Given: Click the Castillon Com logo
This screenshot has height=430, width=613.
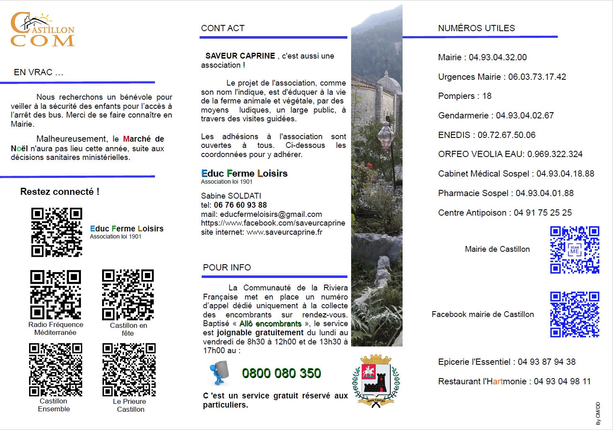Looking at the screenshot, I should click(x=42, y=29).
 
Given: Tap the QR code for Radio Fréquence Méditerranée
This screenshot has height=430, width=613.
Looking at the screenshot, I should click(x=56, y=294).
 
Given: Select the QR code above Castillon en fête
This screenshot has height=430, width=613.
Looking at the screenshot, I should click(x=128, y=295).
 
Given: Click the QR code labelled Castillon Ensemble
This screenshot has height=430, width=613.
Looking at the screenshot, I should click(x=56, y=369).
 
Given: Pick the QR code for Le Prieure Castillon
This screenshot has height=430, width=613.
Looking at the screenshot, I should click(x=129, y=369).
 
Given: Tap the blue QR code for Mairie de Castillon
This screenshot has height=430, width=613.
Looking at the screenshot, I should click(x=574, y=250).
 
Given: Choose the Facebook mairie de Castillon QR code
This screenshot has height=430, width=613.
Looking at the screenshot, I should click(x=574, y=314).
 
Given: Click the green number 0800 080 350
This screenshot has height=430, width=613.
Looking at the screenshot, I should click(x=281, y=373).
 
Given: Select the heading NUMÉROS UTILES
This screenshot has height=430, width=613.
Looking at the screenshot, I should click(x=476, y=28).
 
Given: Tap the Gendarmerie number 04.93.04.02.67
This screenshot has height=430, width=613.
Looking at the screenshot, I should click(x=525, y=115).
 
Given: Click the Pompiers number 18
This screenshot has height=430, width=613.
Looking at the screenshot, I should click(x=487, y=96).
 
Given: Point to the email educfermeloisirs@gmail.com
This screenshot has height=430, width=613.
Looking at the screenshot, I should click(x=271, y=214).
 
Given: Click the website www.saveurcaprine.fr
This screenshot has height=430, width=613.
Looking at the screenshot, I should click(x=284, y=232).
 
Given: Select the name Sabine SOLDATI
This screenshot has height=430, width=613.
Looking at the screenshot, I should click(x=231, y=196).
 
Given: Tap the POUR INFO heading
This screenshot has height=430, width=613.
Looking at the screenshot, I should click(x=227, y=268).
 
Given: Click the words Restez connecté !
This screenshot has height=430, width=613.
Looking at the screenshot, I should click(x=60, y=192).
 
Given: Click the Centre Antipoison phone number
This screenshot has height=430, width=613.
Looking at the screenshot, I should click(x=542, y=213).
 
